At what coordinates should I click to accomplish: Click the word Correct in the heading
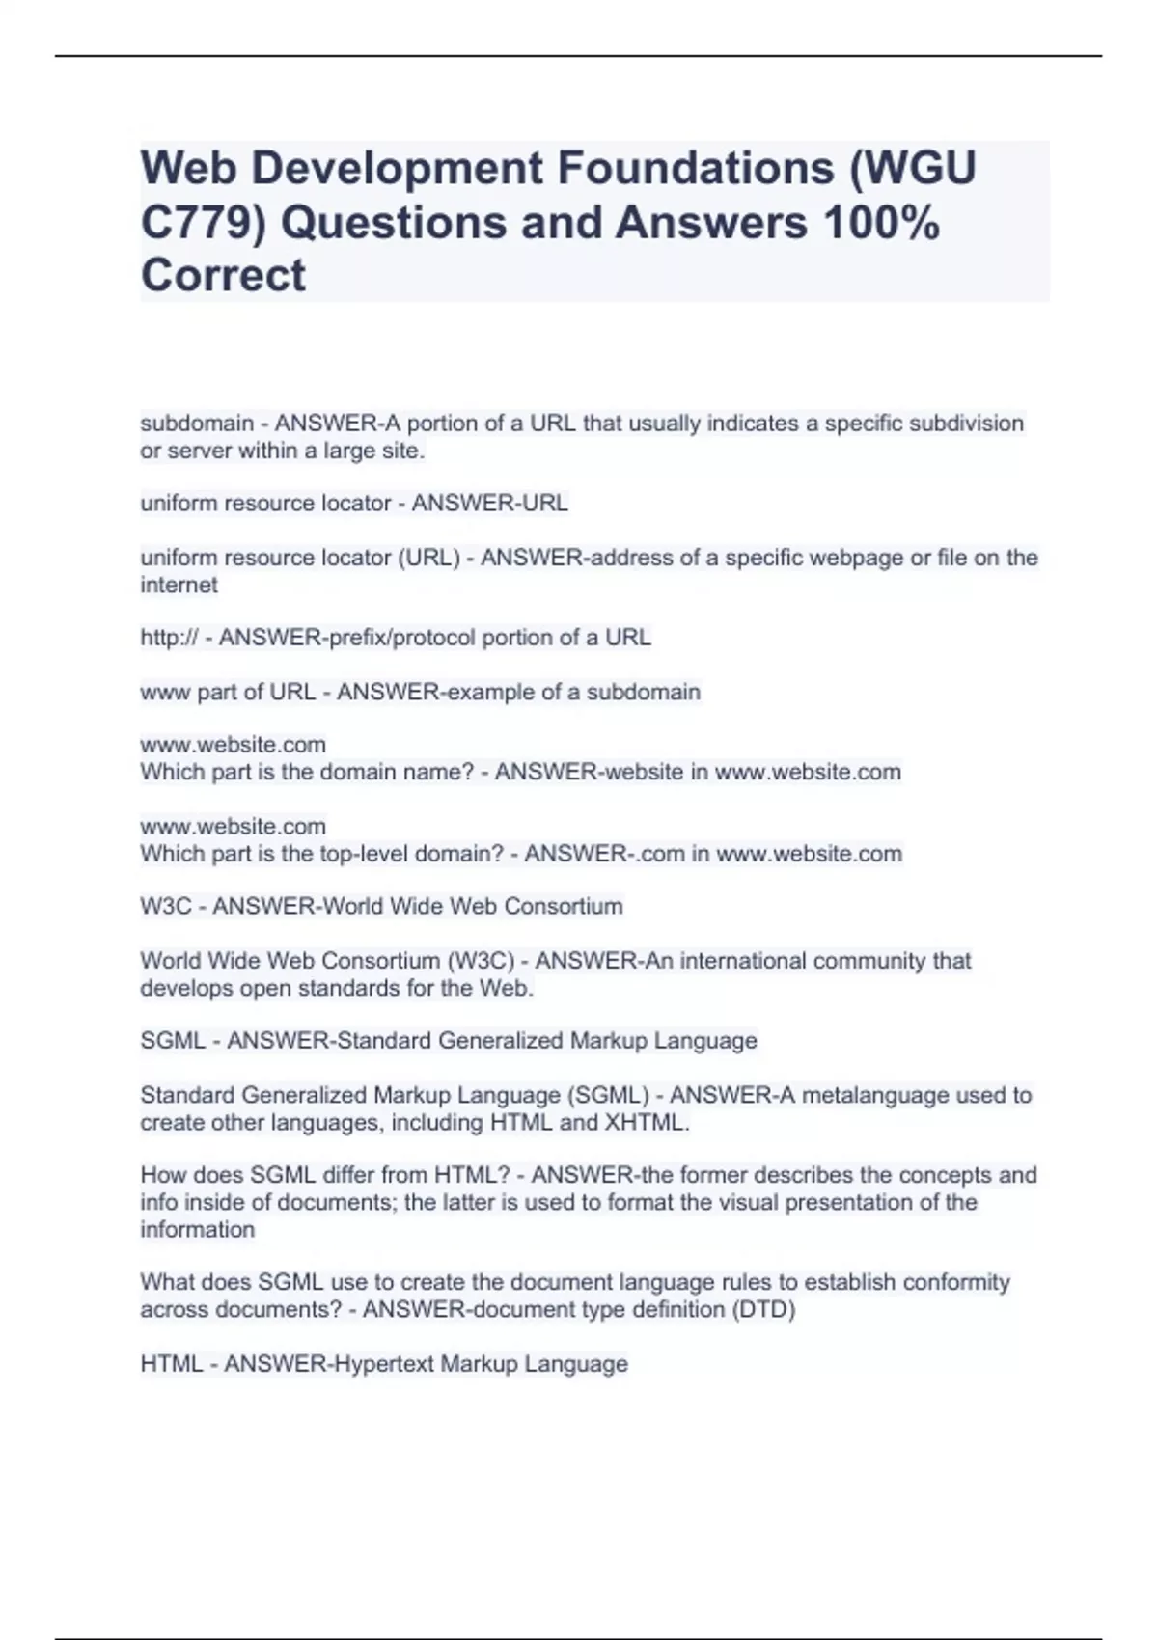(223, 275)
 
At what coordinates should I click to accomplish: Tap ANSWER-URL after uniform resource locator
(490, 504)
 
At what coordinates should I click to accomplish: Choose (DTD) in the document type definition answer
(764, 1310)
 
